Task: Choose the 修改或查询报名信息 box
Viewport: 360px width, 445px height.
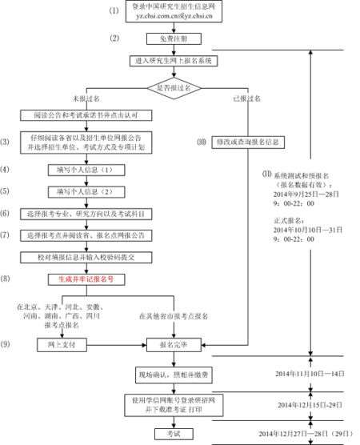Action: (253, 142)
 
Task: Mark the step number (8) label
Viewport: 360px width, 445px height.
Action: (7, 279)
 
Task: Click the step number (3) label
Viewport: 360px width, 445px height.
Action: (7, 142)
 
